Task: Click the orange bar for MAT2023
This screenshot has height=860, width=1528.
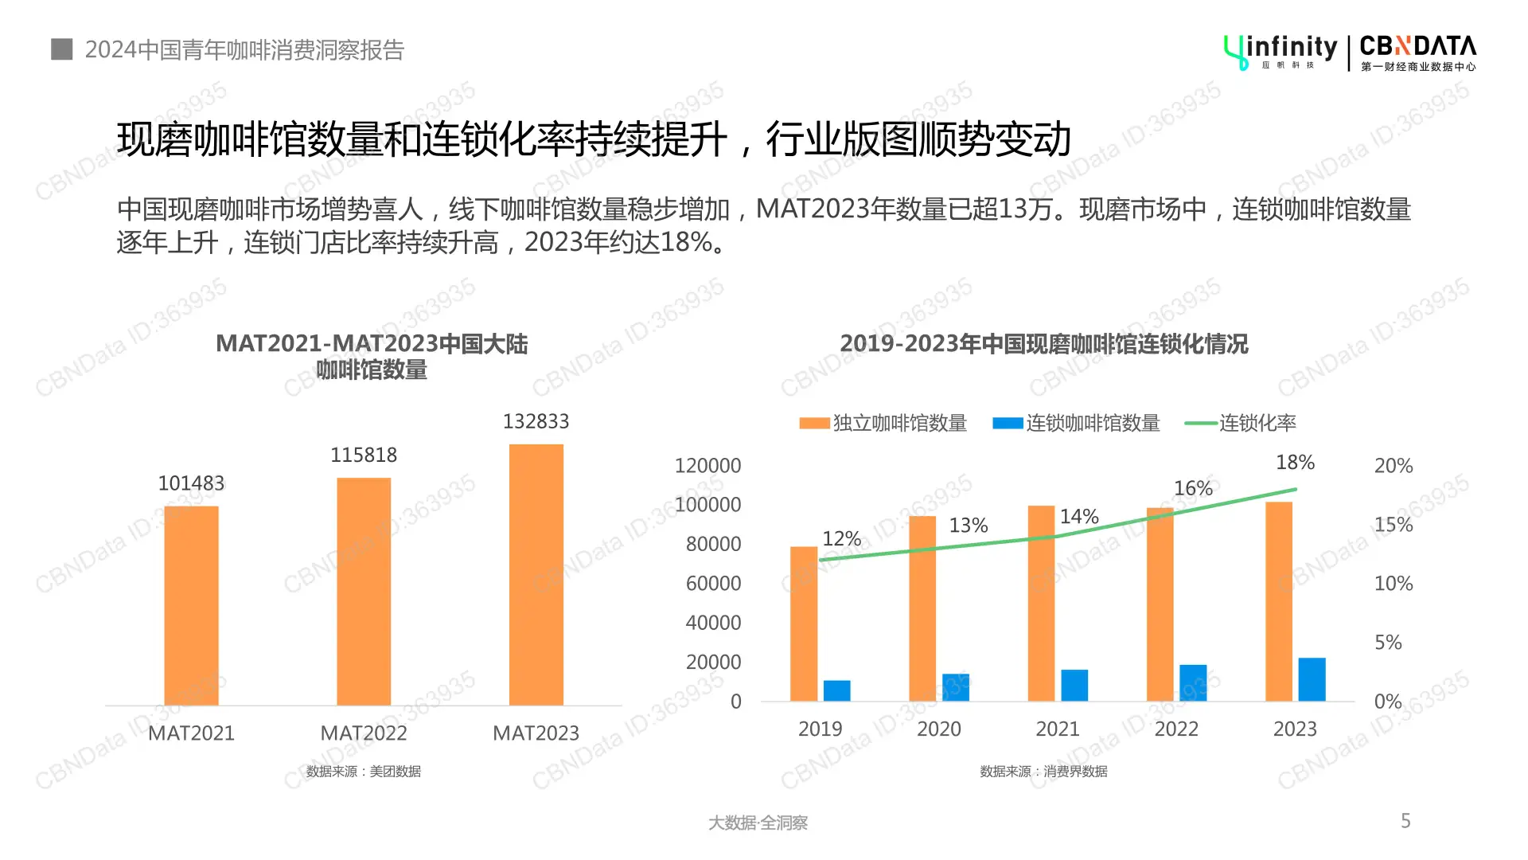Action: pyautogui.click(x=536, y=574)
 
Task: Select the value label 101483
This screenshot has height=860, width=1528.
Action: pyautogui.click(x=191, y=483)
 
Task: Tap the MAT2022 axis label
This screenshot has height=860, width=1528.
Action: pyautogui.click(x=363, y=733)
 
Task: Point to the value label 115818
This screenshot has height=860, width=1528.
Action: pyautogui.click(x=364, y=455)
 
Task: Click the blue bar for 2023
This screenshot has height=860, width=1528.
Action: pyautogui.click(x=1312, y=679)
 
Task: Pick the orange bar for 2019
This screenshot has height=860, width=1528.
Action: pyautogui.click(x=804, y=623)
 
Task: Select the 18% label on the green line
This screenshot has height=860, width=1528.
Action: pyautogui.click(x=1295, y=463)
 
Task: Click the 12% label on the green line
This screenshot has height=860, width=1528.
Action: pyautogui.click(x=841, y=539)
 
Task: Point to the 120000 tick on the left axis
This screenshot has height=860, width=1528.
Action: pyautogui.click(x=707, y=466)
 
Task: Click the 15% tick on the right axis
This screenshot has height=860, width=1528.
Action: pyautogui.click(x=1393, y=525)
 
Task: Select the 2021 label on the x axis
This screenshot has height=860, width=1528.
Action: pyautogui.click(x=1057, y=729)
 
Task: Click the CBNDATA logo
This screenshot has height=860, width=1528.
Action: pyautogui.click(x=1417, y=53)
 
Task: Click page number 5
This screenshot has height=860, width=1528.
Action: pyautogui.click(x=1405, y=821)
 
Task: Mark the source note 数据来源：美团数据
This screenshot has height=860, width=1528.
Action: pyautogui.click(x=364, y=771)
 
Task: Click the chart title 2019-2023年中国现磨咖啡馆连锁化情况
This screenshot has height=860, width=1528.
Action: pyautogui.click(x=1043, y=344)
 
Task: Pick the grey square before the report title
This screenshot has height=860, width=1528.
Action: pyautogui.click(x=62, y=49)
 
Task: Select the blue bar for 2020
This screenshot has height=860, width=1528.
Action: pyautogui.click(x=955, y=687)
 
